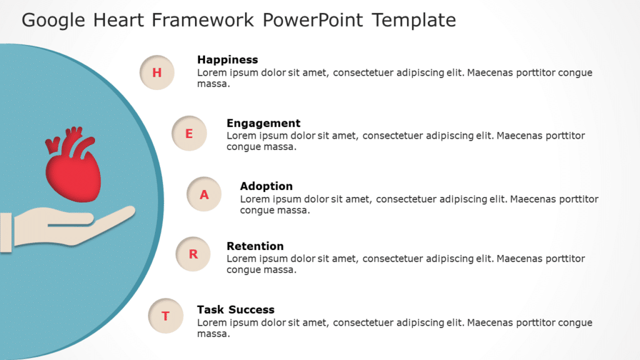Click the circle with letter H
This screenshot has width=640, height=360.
[157, 72]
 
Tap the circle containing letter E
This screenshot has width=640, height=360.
[189, 133]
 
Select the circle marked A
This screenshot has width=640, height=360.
[204, 195]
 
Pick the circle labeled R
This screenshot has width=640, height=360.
[193, 254]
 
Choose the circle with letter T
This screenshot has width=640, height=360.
[166, 316]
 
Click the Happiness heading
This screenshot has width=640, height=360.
[227, 60]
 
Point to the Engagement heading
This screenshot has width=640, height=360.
[263, 123]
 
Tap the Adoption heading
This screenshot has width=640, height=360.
[266, 186]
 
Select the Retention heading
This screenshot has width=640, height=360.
[255, 246]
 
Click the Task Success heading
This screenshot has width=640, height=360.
[236, 309]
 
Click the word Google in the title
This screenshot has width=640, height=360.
[54, 20]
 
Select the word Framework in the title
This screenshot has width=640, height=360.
[204, 20]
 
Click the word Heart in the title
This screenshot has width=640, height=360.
[121, 20]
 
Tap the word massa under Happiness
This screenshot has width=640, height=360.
[212, 84]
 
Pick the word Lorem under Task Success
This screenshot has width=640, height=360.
[211, 322]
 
